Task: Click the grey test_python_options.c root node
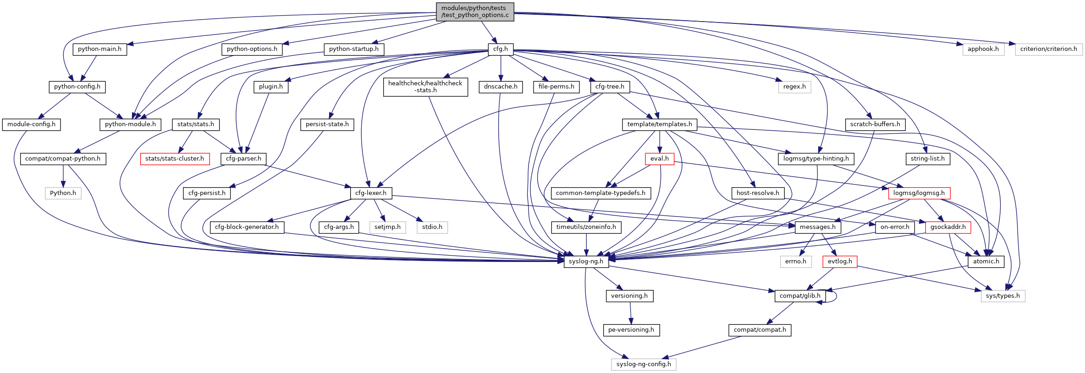[x=474, y=11]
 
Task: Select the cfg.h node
[x=500, y=49]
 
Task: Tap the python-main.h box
[x=99, y=49]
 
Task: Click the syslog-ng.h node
[x=586, y=262]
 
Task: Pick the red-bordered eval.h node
[x=659, y=159]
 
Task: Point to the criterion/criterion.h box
[x=1048, y=49]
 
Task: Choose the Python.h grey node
[x=63, y=193]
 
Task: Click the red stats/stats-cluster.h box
[x=175, y=159]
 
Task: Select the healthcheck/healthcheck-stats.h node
[x=425, y=87]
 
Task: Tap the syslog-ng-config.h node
[x=644, y=364]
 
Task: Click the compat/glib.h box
[x=800, y=296]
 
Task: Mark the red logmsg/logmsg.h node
[x=919, y=193]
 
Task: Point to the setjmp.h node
[x=387, y=227]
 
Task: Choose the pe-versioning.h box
[x=631, y=330]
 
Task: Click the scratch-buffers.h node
[x=875, y=124]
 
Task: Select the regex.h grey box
[x=794, y=87]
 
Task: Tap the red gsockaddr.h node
[x=947, y=227]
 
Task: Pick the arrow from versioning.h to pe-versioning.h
[x=630, y=313]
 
